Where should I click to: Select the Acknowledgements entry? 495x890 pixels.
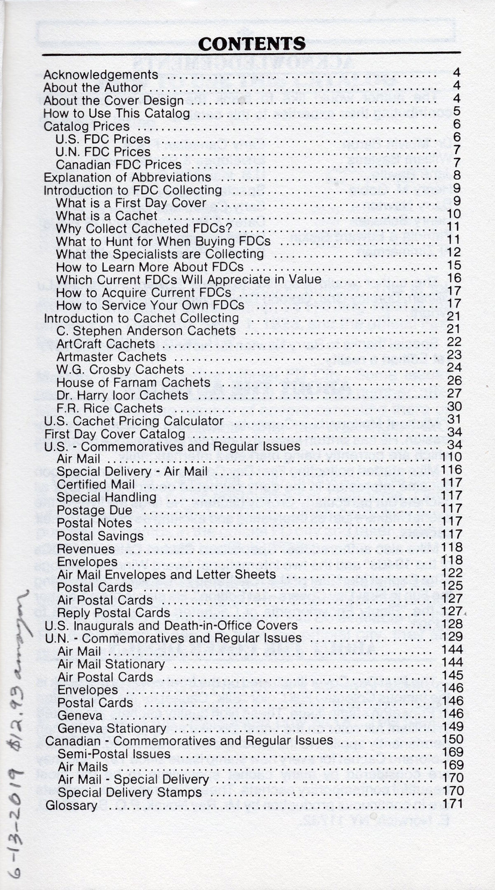(x=101, y=75)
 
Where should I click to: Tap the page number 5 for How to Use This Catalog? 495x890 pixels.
(x=456, y=112)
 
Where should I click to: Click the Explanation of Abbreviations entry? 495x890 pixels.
(x=127, y=177)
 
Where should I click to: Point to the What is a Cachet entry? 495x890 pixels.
(x=107, y=216)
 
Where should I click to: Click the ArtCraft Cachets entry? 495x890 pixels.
(x=105, y=344)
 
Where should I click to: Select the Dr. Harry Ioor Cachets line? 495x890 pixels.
(x=122, y=395)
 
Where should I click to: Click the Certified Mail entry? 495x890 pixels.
(x=96, y=484)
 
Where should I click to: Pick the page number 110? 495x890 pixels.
(x=451, y=457)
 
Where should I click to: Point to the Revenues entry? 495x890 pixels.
(x=86, y=549)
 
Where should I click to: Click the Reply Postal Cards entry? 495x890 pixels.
(x=113, y=613)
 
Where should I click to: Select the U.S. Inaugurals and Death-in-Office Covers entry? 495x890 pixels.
(x=171, y=625)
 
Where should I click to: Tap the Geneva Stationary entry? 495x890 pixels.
(x=112, y=728)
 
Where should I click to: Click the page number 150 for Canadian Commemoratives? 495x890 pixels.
(x=452, y=739)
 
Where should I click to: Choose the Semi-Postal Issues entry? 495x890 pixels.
(x=114, y=754)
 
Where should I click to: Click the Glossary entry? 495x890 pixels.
(x=71, y=805)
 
